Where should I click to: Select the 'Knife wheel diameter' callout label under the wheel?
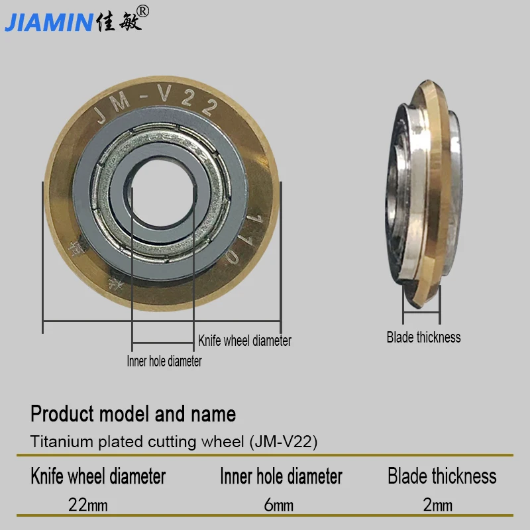244,341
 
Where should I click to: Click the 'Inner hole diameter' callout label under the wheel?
164,361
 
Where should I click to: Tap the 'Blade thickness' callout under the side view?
423,337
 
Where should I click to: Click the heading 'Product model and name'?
133,415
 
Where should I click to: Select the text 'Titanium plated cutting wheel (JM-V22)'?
174,442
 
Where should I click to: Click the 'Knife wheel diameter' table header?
98,476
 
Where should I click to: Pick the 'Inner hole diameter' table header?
281,476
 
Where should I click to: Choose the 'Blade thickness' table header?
442,476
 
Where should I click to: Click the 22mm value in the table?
88,505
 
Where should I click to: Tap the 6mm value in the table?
278,505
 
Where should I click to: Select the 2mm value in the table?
438,505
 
